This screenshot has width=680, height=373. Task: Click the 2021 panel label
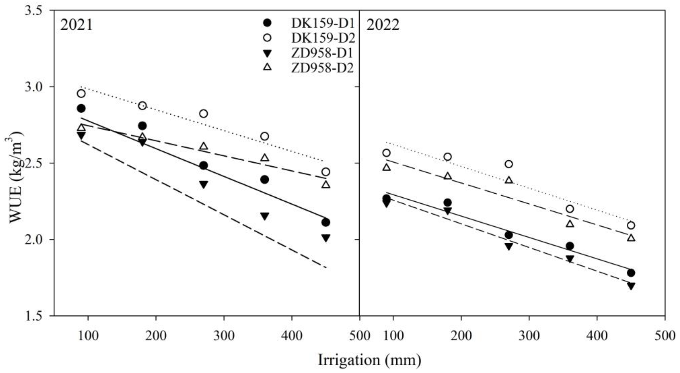point(76,26)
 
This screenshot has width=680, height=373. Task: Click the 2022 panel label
point(382,26)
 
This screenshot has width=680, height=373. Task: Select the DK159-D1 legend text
point(323,23)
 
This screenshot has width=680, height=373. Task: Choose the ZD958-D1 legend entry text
point(322,53)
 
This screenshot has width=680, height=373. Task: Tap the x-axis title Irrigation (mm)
point(369,360)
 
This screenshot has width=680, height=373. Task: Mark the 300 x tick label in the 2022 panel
point(529,336)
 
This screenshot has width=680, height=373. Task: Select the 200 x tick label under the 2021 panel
point(156,336)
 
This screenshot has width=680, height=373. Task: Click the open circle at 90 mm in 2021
point(81,94)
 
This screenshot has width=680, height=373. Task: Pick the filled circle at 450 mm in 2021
point(326,222)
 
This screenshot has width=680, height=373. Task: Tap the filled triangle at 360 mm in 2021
point(265,216)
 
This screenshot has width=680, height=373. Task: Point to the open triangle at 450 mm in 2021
point(326,185)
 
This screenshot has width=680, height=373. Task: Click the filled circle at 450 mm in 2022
point(631,273)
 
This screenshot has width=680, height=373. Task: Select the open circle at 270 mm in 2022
point(509,164)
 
